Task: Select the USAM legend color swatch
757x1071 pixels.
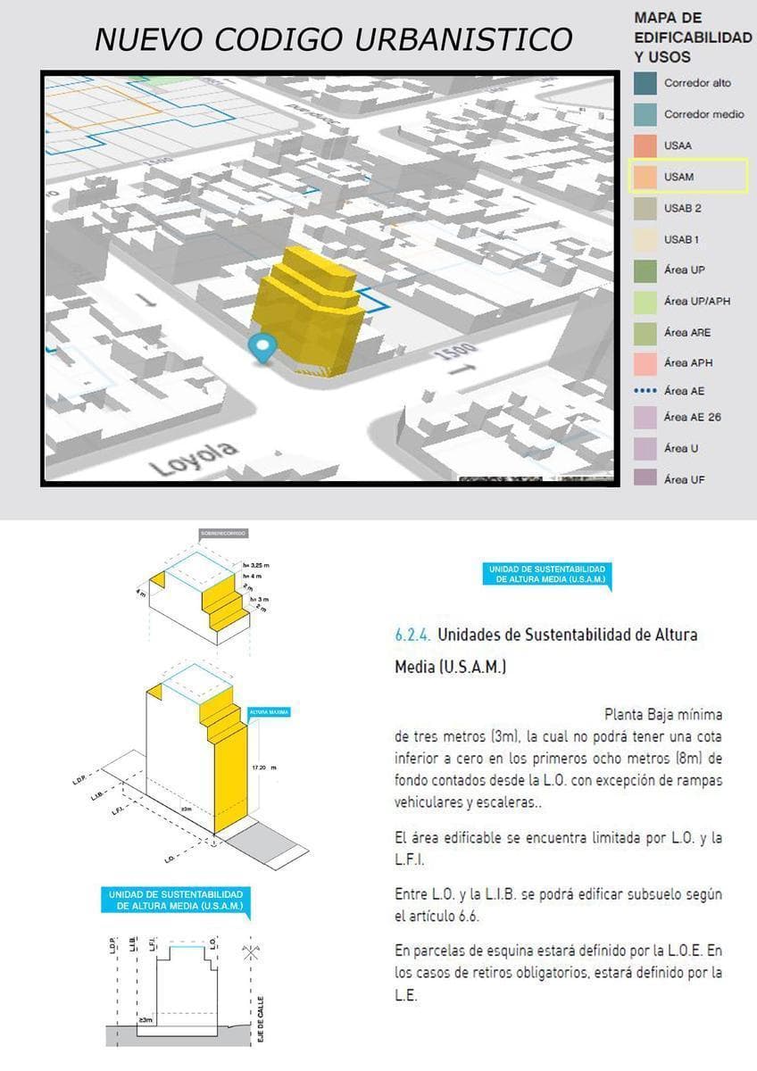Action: [x=644, y=177]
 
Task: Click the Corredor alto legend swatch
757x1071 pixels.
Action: [x=644, y=83]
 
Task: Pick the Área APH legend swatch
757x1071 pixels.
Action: [x=644, y=363]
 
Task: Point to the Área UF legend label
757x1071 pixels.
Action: [x=685, y=479]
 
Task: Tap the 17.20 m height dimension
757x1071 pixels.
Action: [x=263, y=767]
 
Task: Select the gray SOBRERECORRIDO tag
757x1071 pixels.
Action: [x=222, y=533]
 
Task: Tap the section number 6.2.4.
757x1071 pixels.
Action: [x=412, y=635]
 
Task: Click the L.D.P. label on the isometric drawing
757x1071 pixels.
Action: [x=79, y=780]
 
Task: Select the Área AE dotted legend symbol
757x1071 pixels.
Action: [x=644, y=391]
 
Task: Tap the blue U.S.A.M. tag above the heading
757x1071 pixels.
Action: [x=547, y=574]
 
